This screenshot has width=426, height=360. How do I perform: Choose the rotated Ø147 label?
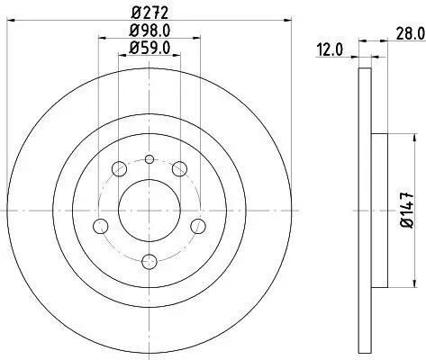point(408,211)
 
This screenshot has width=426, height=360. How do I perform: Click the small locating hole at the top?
point(150,159)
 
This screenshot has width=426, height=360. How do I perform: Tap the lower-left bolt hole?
point(102,225)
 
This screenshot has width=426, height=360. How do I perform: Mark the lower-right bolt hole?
point(197,225)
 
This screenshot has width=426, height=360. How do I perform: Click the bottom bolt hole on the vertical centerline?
point(150,261)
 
